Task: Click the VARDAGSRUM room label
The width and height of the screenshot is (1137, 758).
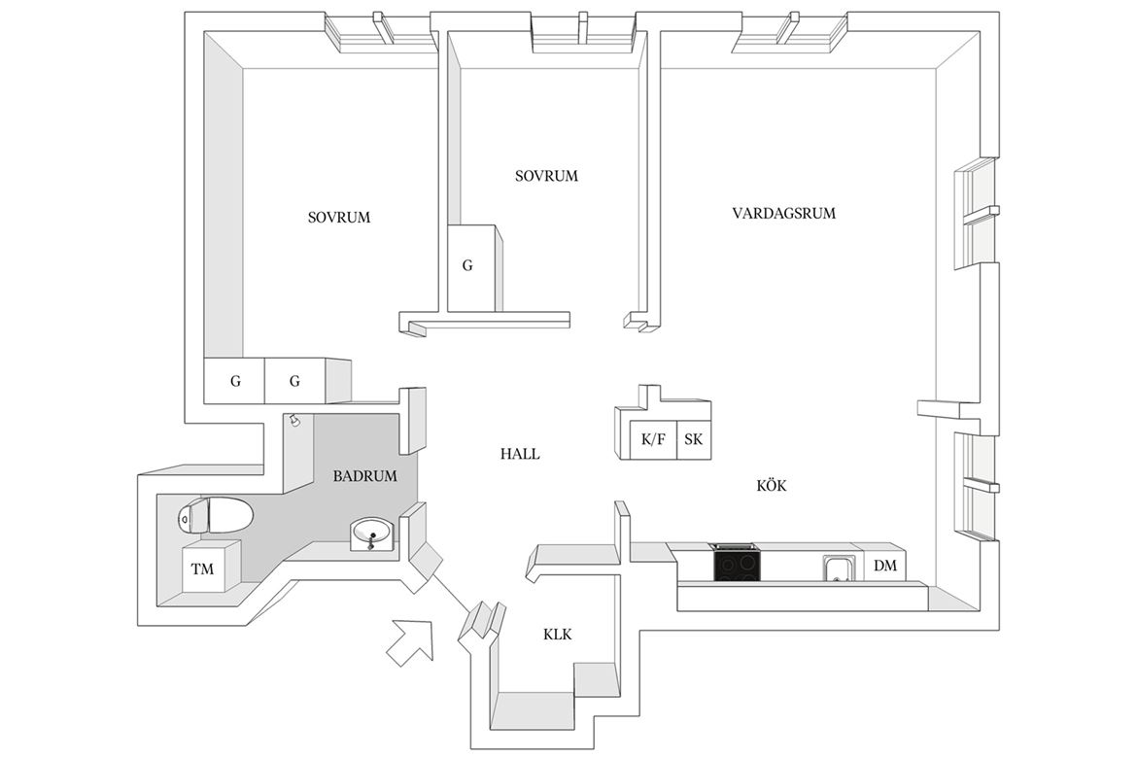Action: [783, 213]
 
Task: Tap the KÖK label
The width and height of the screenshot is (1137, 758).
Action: [772, 485]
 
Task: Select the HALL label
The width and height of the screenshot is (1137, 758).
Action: [520, 454]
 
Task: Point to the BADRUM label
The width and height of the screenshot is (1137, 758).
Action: [364, 476]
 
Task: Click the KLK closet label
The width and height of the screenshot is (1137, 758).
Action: [558, 635]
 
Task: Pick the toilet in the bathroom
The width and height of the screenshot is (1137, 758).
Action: [216, 516]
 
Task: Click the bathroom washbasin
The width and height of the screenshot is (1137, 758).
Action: [373, 535]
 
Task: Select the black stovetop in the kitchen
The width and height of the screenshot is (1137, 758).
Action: [738, 562]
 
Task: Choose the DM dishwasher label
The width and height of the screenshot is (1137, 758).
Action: [884, 565]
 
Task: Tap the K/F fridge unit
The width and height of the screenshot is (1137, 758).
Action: [653, 439]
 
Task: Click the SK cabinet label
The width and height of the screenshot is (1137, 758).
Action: [693, 439]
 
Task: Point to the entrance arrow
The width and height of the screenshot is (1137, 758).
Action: [411, 640]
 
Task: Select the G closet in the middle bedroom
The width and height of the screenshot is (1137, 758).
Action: [472, 267]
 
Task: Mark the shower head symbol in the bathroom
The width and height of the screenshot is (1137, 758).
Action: [294, 420]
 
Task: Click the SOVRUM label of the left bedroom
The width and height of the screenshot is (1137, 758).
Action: [338, 218]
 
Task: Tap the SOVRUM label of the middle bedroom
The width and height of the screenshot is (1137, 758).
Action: [547, 176]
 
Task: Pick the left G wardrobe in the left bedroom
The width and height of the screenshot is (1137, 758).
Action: [234, 381]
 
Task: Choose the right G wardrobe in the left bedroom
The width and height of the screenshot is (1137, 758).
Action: [294, 381]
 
